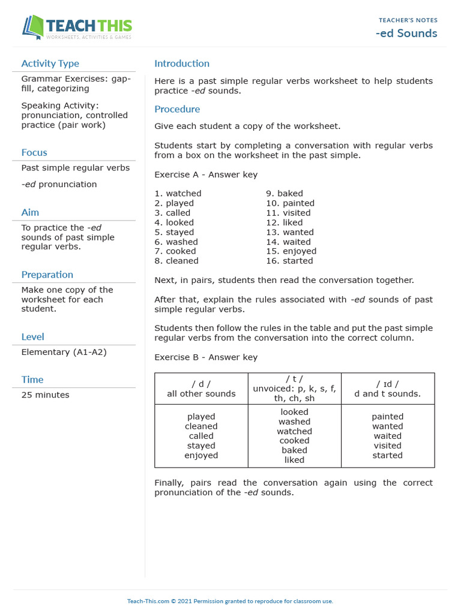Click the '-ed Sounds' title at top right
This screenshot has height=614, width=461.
click(x=406, y=33)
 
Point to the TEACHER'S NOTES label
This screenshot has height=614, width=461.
click(x=408, y=20)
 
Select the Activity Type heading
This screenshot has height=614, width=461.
click(x=50, y=64)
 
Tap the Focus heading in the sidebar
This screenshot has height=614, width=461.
click(x=34, y=152)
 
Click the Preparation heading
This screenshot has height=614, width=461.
click(x=47, y=275)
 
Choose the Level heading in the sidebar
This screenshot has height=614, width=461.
click(x=32, y=337)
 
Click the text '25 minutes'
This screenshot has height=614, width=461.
click(x=45, y=395)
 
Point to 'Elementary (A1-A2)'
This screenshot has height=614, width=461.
click(x=64, y=352)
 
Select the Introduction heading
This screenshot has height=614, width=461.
click(x=182, y=64)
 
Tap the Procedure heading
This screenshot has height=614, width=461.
click(x=177, y=109)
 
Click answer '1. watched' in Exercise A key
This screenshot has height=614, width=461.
click(x=178, y=194)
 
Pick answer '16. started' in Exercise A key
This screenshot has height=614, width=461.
click(x=289, y=261)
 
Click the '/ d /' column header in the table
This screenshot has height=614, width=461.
click(x=201, y=384)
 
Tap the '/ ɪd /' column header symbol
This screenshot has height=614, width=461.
click(x=387, y=384)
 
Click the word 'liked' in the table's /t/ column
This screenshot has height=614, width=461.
click(x=294, y=460)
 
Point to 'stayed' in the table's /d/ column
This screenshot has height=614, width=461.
click(x=201, y=446)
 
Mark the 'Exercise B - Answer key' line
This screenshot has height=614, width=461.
click(x=206, y=357)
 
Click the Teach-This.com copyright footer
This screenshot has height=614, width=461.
click(x=230, y=601)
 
